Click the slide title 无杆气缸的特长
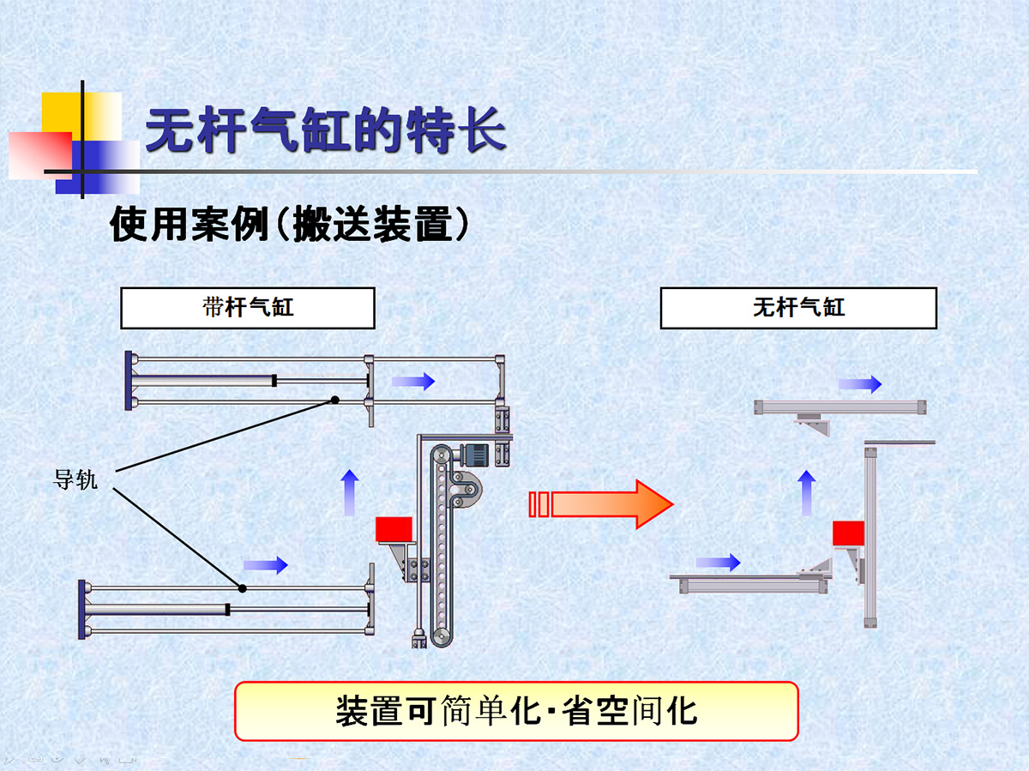coord(326,130)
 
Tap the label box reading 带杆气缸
coord(248,308)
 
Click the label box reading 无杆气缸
coord(798,308)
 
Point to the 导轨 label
coord(75,480)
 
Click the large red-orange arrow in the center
coord(599,503)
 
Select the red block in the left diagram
coord(394,529)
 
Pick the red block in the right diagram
coord(848,533)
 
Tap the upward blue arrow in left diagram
coord(349,492)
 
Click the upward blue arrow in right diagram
coord(806,492)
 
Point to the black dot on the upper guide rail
coord(335,400)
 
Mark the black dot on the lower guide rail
coord(243,587)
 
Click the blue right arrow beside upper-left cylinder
coord(413,382)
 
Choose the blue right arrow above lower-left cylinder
coord(265,564)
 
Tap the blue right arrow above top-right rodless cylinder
coord(859,384)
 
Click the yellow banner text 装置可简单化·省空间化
coord(516,711)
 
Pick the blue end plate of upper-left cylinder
coord(129,381)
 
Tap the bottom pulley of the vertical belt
coord(441,635)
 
